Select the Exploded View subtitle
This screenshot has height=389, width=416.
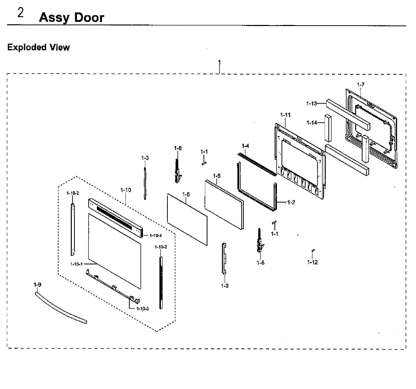(38, 47)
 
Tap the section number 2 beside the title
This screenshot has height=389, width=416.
(21, 13)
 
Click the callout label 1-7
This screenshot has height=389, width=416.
(361, 85)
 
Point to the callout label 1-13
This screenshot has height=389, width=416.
(311, 103)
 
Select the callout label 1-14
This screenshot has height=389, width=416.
(312, 122)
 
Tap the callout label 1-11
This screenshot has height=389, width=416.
(285, 115)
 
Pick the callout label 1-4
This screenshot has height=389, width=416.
(245, 146)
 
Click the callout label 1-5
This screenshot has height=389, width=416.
(217, 176)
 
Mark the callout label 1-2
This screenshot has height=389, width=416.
(291, 202)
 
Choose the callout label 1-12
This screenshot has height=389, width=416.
(312, 262)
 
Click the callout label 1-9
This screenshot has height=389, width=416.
(37, 285)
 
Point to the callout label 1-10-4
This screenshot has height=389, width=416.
(156, 236)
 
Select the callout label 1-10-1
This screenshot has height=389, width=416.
(76, 264)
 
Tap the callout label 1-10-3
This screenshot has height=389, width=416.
(142, 309)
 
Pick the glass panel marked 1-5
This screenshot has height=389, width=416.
(224, 204)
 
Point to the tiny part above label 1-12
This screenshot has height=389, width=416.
(313, 250)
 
